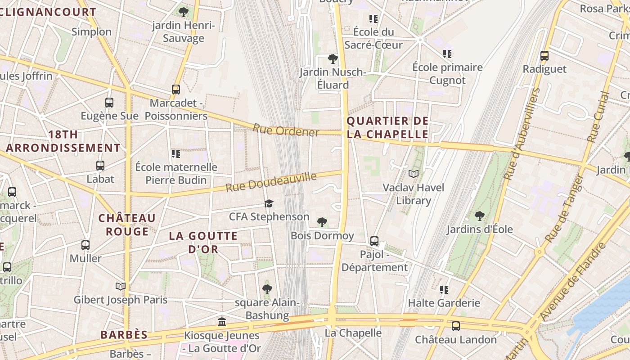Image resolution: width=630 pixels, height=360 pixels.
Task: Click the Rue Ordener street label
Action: click(286, 130)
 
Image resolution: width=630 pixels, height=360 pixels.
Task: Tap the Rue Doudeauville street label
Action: click(271, 182)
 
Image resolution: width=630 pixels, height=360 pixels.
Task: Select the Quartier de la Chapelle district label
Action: click(387, 127)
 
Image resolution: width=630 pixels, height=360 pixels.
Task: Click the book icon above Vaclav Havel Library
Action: click(413, 174)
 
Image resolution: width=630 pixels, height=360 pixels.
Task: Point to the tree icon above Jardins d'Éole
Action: click(480, 216)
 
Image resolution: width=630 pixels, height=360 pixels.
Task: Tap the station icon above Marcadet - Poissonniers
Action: click(176, 89)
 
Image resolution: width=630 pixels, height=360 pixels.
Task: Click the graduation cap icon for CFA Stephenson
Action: click(269, 203)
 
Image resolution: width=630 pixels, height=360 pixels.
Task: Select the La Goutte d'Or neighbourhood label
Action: click(203, 242)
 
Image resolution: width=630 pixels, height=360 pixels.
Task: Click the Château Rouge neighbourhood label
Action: click(127, 225)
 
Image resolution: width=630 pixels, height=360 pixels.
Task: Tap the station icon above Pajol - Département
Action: click(374, 241)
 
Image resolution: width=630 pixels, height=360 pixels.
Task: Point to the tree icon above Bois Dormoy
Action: click(322, 222)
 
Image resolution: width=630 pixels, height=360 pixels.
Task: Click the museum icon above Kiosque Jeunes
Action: click(222, 322)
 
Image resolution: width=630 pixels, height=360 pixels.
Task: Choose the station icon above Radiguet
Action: click(544, 56)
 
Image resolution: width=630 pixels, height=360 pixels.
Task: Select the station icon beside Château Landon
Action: click(456, 326)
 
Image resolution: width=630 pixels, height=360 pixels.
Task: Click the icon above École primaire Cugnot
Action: click(447, 54)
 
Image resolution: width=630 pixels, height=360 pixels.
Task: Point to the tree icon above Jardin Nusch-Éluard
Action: click(333, 59)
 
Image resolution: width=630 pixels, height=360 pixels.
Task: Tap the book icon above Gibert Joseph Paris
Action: click(120, 286)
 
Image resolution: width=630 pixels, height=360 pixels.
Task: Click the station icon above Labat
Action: click(100, 166)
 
